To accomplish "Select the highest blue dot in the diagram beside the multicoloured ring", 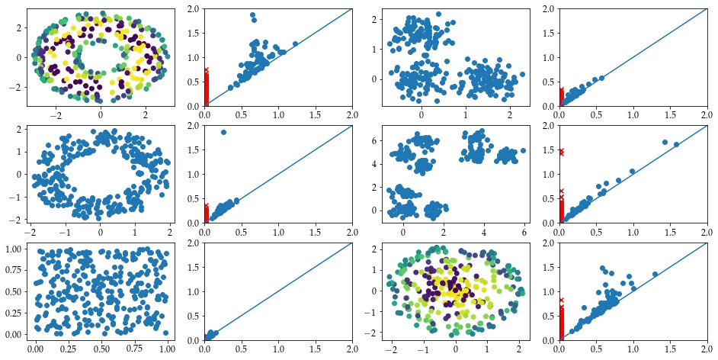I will coord(252,15).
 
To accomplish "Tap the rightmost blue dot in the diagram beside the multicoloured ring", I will coord(295,44).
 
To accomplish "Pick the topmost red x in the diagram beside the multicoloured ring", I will coord(205,70).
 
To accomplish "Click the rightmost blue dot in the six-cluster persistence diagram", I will coord(676,144).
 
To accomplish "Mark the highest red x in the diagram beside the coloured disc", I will coord(562,301).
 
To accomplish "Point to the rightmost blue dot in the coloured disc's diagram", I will coord(655,275).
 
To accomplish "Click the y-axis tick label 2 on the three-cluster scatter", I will coord(379,20).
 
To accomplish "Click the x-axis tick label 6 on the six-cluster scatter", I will coord(524,230).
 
